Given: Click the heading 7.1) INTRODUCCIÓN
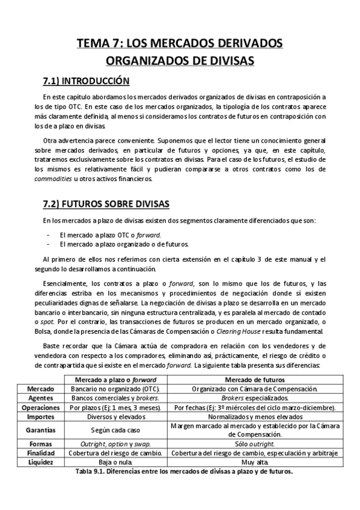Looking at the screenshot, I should pyautogui.click(x=86, y=81).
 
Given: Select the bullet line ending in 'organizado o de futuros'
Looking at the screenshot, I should pyautogui.click(x=124, y=244).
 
